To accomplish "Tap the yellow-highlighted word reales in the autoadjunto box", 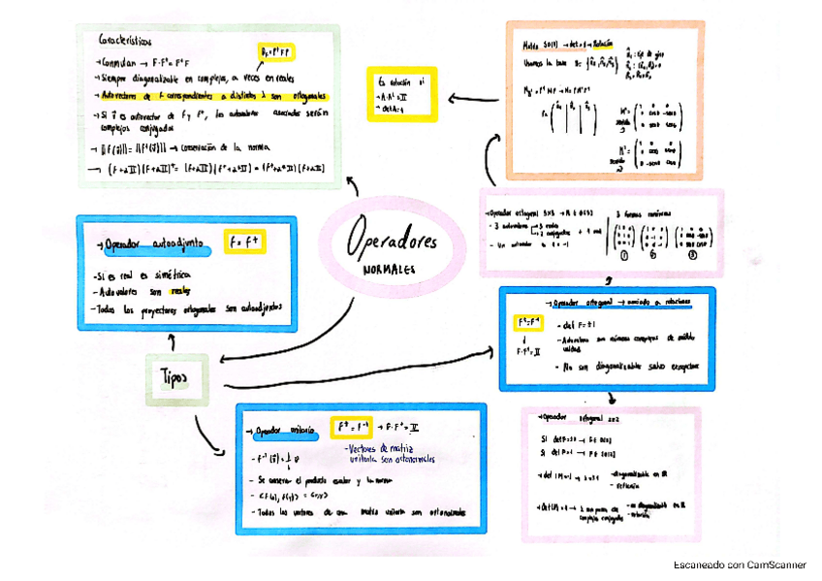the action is point(180,291).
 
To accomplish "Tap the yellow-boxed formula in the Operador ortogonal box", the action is point(528,321).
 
